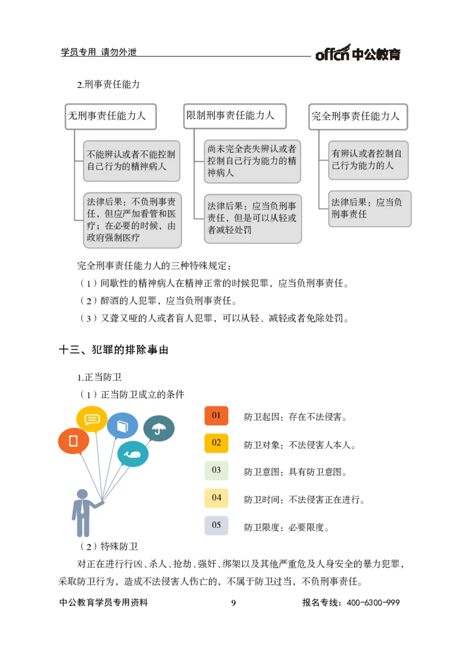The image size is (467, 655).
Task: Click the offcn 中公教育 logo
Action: coord(357,52)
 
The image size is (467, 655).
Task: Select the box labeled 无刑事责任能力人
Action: coord(110,116)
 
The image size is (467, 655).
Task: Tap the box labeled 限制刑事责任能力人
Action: coord(235,115)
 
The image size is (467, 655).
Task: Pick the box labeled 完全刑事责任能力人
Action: coord(357,117)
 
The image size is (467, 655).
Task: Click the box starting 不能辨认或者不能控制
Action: coord(131,160)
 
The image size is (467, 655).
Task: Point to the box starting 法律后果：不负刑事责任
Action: coord(131,220)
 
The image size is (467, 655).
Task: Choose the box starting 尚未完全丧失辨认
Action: coord(252,161)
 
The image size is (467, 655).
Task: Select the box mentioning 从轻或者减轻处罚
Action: coord(252,218)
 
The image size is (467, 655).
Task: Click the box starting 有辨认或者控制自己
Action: coord(368,160)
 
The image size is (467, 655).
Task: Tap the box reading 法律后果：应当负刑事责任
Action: coord(368,208)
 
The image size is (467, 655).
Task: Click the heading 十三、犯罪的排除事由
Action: coord(119,350)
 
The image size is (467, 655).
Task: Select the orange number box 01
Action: coord(216,415)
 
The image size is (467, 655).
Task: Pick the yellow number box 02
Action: coord(216,443)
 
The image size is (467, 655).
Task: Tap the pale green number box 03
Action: coord(216,470)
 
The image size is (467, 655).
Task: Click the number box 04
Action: coord(216,498)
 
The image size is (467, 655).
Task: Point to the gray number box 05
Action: coord(216,524)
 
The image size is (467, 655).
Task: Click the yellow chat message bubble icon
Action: coord(92,418)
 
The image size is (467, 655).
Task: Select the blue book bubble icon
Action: coord(122,425)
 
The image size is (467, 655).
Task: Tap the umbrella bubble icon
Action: coord(158,429)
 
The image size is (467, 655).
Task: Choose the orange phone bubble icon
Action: coord(74,441)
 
